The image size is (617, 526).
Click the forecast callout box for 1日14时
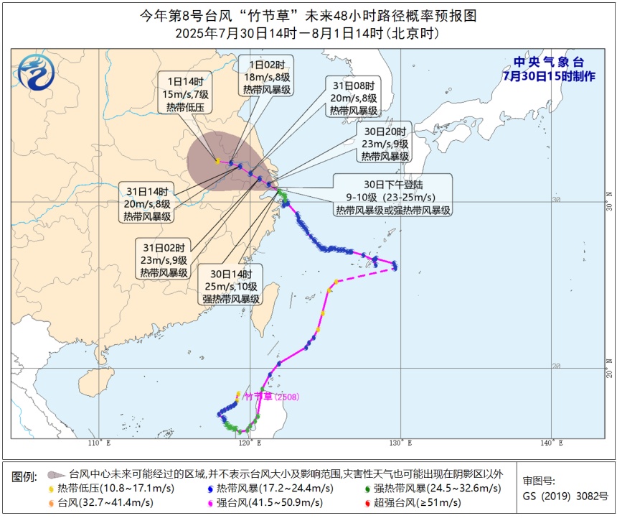tap(184, 94)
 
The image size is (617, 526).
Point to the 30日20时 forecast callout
tap(385, 144)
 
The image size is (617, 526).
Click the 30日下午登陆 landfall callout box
tap(392, 194)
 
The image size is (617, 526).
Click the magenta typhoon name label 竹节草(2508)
tap(271, 397)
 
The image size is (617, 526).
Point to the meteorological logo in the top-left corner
tap(32, 71)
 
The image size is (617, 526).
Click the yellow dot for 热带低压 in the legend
tap(51, 489)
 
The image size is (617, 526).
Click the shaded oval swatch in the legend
tap(55, 475)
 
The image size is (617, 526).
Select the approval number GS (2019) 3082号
tap(565, 496)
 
